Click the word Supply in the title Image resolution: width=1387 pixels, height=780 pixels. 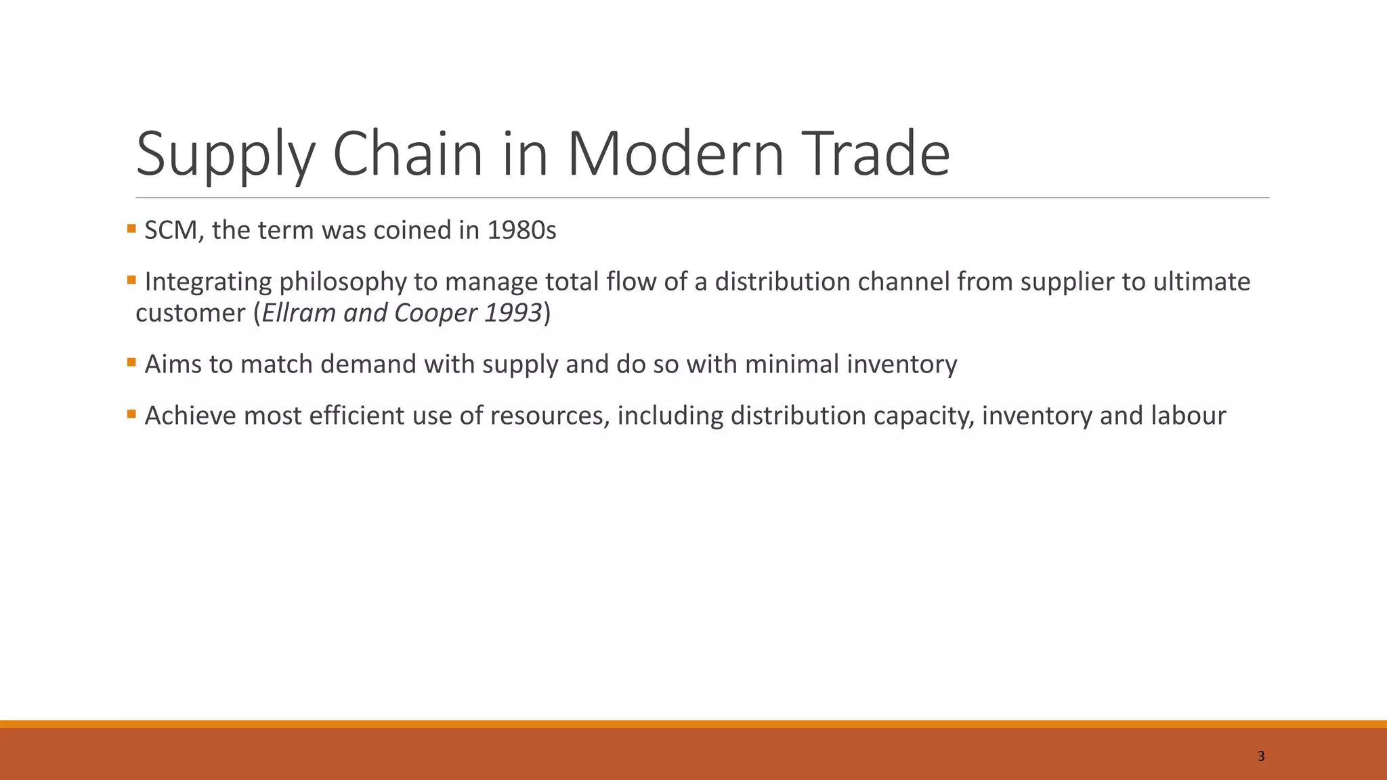coord(226,154)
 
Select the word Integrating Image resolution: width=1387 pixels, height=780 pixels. coord(208,282)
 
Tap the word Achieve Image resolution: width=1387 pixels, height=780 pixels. coord(190,416)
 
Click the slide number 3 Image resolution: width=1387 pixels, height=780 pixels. coord(1260,756)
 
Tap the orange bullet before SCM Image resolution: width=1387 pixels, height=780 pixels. coord(131,229)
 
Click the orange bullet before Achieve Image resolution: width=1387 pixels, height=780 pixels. coord(131,414)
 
